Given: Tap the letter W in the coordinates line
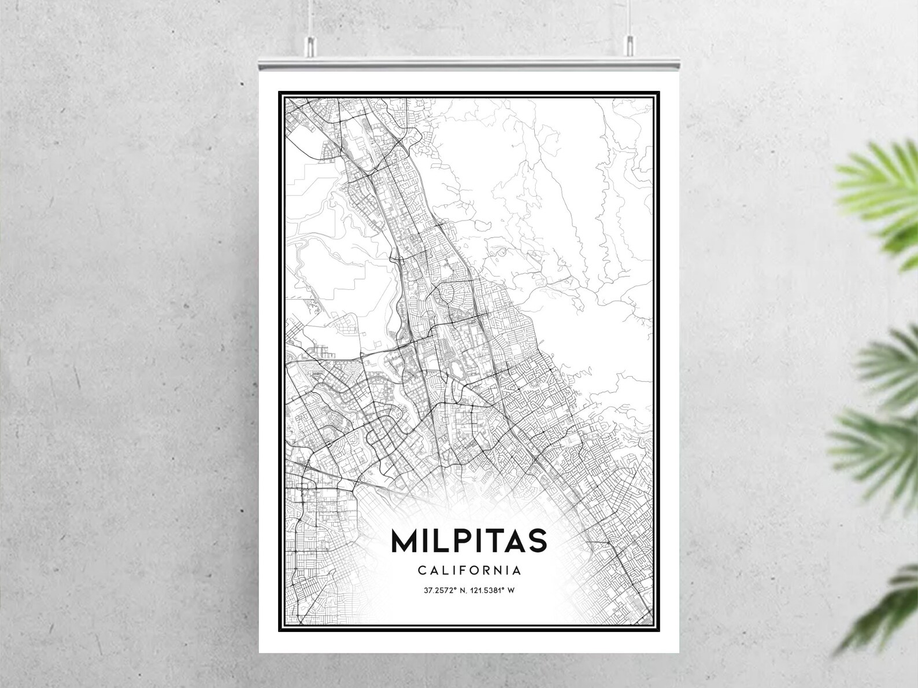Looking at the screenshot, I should (512, 591).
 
